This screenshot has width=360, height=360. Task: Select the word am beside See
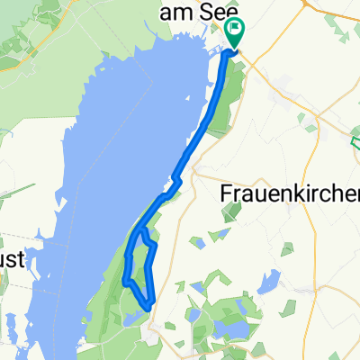pos(174,11)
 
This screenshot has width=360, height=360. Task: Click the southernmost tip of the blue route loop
pos(149,302)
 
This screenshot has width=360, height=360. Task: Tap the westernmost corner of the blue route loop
pos(126,282)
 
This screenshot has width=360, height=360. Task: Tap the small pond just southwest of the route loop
pos(132,316)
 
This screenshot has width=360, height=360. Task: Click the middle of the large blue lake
pos(99,180)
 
